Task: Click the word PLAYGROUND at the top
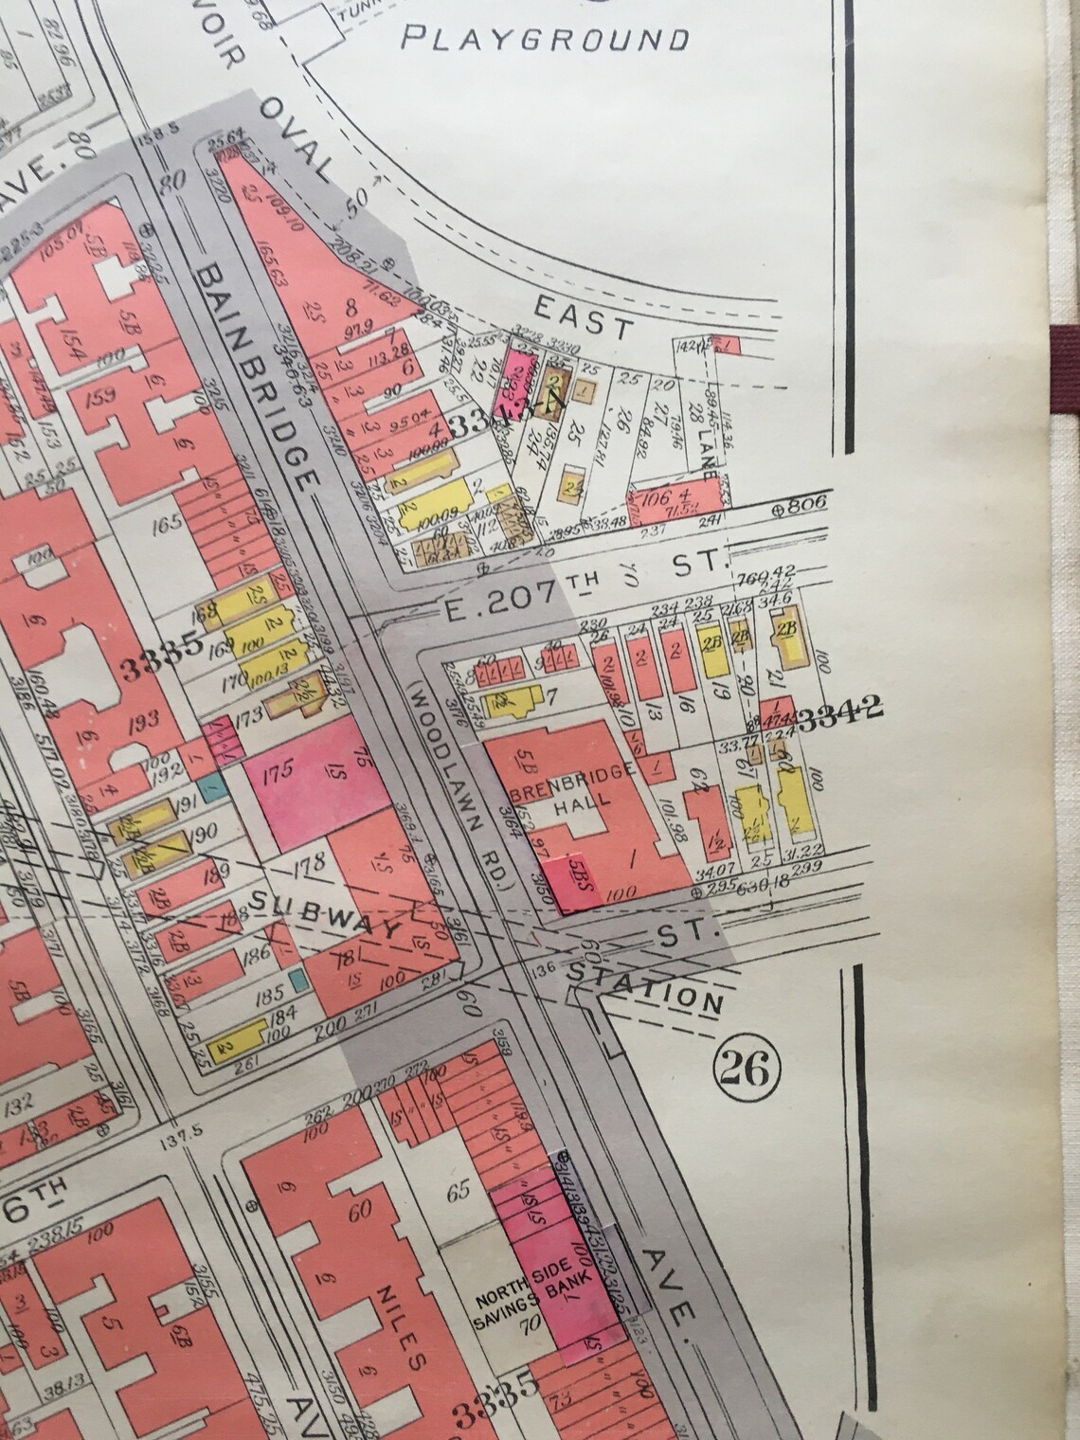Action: (x=545, y=39)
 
